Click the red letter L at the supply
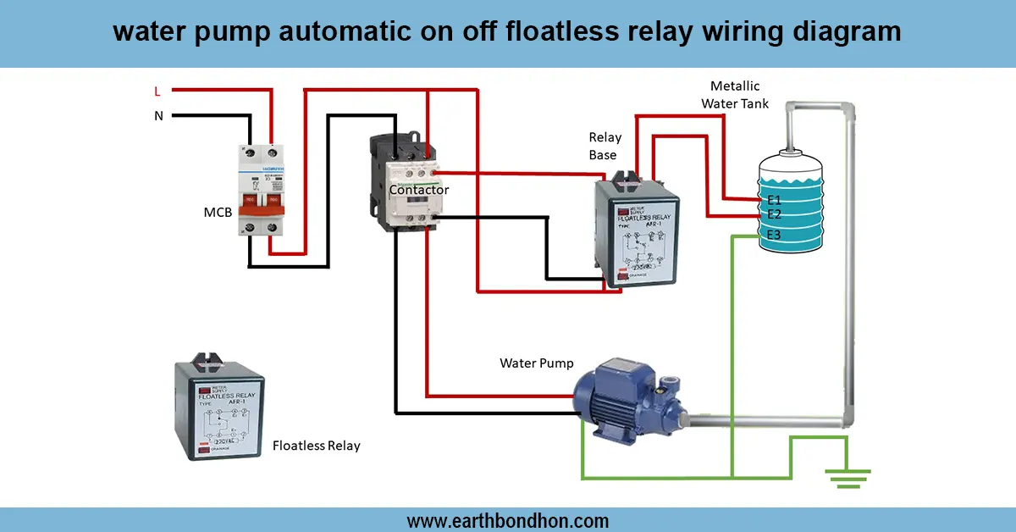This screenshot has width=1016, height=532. pyautogui.click(x=157, y=91)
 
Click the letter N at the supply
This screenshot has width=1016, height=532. pyautogui.click(x=158, y=116)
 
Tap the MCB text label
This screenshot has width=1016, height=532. pyautogui.click(x=218, y=212)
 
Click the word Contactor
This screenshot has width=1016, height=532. pyautogui.click(x=418, y=190)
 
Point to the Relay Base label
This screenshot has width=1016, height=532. pyautogui.click(x=605, y=146)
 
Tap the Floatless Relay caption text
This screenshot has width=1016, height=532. pyautogui.click(x=316, y=446)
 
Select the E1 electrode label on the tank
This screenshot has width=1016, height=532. pyautogui.click(x=773, y=200)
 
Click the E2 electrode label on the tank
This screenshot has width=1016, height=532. pyautogui.click(x=773, y=214)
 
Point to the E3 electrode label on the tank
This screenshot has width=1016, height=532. pyautogui.click(x=773, y=235)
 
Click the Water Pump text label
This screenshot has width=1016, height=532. pyautogui.click(x=537, y=363)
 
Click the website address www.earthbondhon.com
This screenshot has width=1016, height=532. pyautogui.click(x=507, y=520)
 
